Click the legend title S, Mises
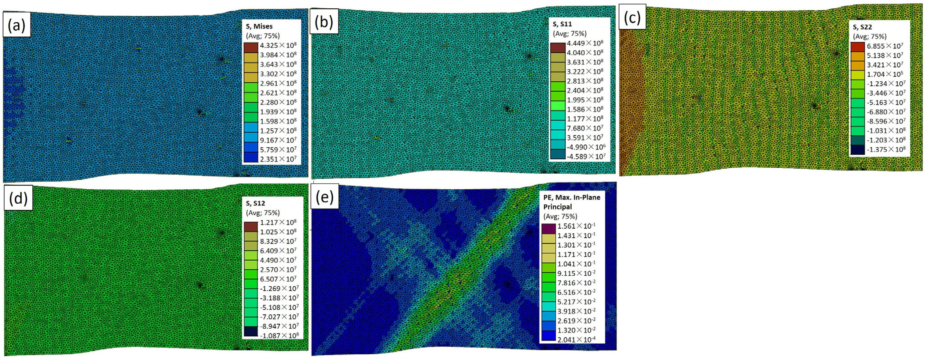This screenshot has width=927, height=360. [259, 26]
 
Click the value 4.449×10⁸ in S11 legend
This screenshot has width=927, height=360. [585, 43]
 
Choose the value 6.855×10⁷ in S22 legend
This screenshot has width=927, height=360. [885, 46]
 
